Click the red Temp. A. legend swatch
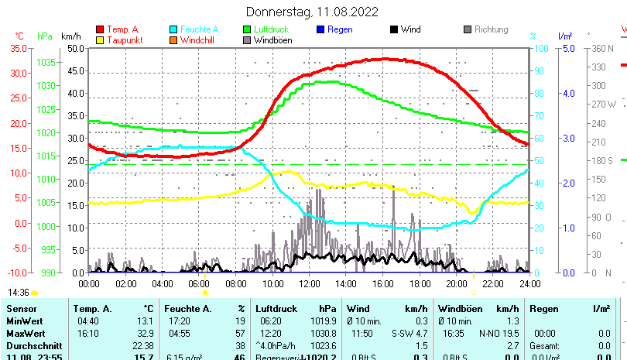pos(100,30)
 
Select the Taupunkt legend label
pos(124,40)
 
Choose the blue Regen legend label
pos(340,29)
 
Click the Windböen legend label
pos(272,40)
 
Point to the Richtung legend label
pos(491,29)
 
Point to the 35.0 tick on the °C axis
pos(18,48)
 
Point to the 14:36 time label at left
pos(19,293)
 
